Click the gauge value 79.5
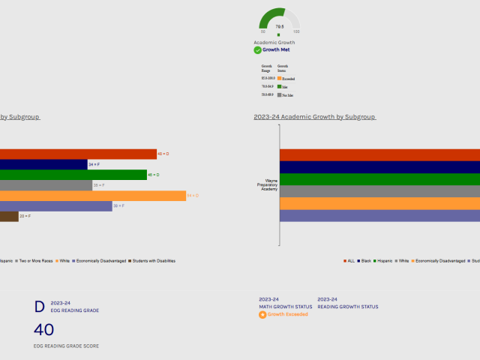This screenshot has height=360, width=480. (x=279, y=27)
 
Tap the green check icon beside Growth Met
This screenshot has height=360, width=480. (x=257, y=50)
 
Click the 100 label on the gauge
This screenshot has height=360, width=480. (x=296, y=31)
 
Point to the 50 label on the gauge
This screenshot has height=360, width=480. (x=262, y=31)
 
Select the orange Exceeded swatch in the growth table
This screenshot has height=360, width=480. (x=279, y=78)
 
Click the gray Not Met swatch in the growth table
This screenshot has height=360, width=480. (x=279, y=95)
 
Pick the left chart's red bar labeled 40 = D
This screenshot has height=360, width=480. (x=78, y=154)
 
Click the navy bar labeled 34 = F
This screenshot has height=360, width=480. (x=43, y=164)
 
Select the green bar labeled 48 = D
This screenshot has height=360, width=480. (x=73, y=175)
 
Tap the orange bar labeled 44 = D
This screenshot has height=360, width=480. (x=93, y=196)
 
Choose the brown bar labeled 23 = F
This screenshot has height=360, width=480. (x=9, y=216)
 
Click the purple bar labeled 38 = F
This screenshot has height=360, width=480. (x=56, y=205)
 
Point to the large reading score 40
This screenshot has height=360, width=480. (x=44, y=330)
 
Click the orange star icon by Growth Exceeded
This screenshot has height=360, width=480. (x=262, y=314)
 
